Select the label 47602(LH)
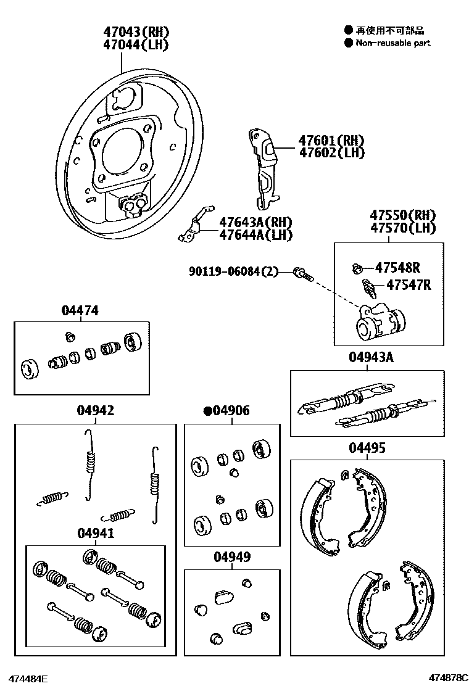331,153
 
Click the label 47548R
397,267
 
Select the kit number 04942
95,410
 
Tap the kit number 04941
96,534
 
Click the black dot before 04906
208,411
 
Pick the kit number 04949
232,557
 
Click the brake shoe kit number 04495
367,447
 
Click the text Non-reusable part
392,43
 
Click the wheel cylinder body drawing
380,323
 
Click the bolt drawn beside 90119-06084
302,273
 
